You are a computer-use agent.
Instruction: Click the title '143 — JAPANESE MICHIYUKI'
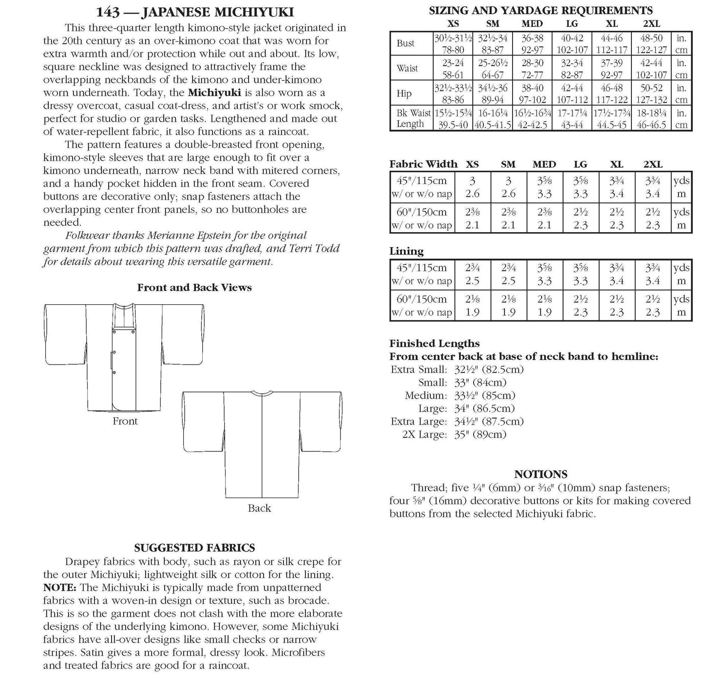(195, 12)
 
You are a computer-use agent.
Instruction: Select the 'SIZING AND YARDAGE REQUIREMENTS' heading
(540, 10)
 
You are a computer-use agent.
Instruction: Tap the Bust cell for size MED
(532, 44)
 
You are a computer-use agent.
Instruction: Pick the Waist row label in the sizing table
(407, 68)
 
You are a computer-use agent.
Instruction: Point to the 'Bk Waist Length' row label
(413, 118)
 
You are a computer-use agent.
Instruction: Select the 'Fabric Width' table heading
(423, 164)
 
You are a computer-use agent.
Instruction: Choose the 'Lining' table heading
(406, 251)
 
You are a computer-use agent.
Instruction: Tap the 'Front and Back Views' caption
(194, 287)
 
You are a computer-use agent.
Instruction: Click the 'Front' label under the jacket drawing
(125, 421)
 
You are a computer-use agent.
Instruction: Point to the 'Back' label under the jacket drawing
(259, 508)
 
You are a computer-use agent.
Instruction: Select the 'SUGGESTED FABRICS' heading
(194, 548)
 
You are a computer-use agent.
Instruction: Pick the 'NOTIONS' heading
(541, 474)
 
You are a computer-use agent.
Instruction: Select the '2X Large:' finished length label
(424, 435)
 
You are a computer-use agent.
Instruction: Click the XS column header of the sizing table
(453, 24)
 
